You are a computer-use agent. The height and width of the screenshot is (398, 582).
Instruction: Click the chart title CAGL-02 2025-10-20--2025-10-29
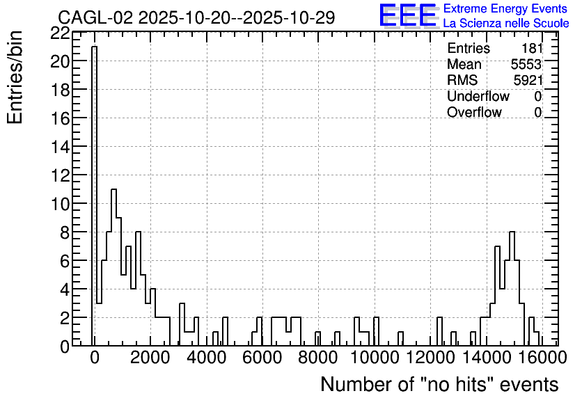[x=196, y=17]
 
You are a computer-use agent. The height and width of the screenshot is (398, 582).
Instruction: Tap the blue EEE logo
[x=408, y=15]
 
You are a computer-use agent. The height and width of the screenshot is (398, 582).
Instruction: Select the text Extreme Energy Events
[x=505, y=8]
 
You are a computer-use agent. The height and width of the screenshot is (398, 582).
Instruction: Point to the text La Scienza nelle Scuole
[x=506, y=23]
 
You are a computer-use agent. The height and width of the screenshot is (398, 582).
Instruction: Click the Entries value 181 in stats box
[x=532, y=48]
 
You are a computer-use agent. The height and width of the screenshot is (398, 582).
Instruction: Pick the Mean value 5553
[x=526, y=64]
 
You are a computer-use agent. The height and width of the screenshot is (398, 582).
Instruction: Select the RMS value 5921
[x=528, y=80]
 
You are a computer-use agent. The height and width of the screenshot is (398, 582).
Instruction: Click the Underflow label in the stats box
[x=478, y=96]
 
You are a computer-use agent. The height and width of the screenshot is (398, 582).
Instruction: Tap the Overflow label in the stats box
[x=474, y=112]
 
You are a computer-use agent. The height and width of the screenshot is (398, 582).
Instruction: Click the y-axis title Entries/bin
[x=15, y=77]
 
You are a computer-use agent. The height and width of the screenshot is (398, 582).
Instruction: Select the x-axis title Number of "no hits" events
[x=439, y=384]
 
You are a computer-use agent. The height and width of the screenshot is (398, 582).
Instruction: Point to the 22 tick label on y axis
[x=60, y=33]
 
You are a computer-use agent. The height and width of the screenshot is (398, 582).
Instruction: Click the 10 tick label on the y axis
[x=60, y=204]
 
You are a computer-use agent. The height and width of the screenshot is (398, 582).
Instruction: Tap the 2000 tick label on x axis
[x=150, y=358]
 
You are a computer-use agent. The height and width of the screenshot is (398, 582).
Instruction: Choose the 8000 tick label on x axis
[x=318, y=358]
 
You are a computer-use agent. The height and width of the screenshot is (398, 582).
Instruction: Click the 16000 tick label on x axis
[x=542, y=358]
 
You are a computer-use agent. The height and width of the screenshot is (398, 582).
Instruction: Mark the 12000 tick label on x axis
[x=430, y=358]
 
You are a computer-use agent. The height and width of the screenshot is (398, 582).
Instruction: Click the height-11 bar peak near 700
[x=113, y=189]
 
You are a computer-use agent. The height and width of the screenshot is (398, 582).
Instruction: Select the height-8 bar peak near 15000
[x=512, y=232]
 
